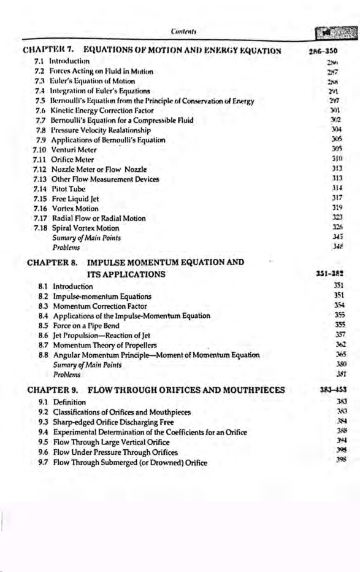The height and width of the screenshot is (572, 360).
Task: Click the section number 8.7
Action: (x=44, y=345)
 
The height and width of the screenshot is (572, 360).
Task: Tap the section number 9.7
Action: (x=44, y=462)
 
